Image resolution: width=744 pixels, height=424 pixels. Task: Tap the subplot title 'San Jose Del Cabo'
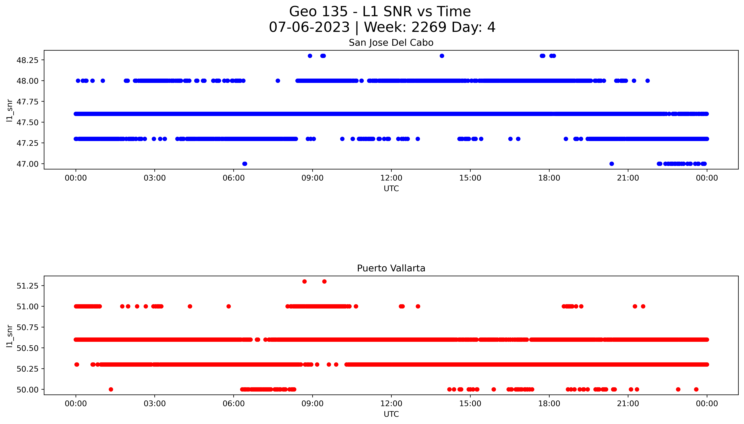pos(391,43)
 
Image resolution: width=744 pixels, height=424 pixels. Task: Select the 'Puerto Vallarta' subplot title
pos(391,268)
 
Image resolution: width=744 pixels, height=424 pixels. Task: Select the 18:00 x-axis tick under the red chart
pos(549,404)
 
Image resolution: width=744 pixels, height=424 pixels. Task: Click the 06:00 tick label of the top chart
pos(233,178)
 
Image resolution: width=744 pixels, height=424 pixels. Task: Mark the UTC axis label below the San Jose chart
pos(391,189)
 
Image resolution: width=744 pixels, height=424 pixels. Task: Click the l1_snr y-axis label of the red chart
pos(10,336)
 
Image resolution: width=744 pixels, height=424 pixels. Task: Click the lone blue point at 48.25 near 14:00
pos(442,56)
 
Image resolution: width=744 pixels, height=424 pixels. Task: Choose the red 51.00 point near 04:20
pos(190,306)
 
